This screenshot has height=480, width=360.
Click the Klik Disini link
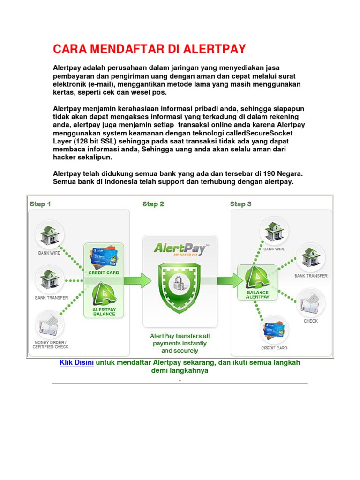coord(77,362)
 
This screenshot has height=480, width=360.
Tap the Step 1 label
coord(40,204)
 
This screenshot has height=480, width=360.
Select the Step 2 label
coord(153,204)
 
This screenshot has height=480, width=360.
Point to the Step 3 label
coord(240,204)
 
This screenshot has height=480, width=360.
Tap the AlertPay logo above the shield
coord(180,248)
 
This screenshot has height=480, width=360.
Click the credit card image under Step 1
coord(104,257)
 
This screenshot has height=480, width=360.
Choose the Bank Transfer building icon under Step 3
coord(310,257)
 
